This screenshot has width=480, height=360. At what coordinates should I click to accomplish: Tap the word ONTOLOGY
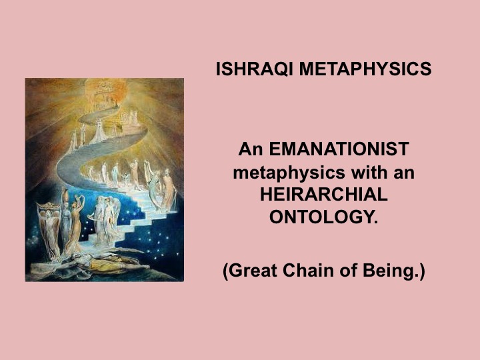coord(323,217)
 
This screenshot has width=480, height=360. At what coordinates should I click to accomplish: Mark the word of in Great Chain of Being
coord(344,273)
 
